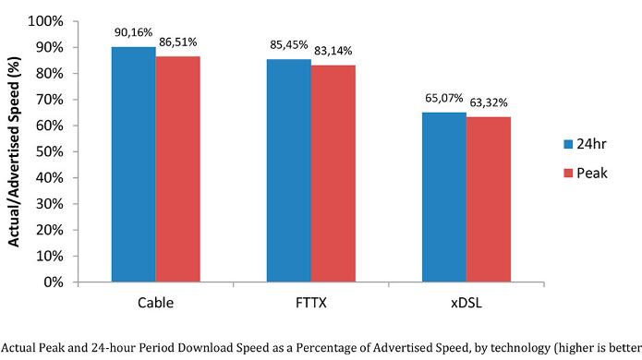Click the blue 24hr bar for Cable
click(x=133, y=164)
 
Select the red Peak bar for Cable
click(x=177, y=169)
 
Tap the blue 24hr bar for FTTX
click(x=288, y=171)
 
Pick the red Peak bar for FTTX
click(x=333, y=174)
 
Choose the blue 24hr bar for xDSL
click(x=444, y=198)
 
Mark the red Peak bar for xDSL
click(x=489, y=199)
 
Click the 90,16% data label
click(x=133, y=32)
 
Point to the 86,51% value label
click(x=177, y=42)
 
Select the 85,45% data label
click(x=288, y=45)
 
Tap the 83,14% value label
click(x=333, y=51)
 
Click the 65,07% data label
click(x=444, y=98)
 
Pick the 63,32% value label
click(x=489, y=102)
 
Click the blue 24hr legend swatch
click(x=568, y=144)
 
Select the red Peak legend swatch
click(x=568, y=173)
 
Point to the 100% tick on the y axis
click(x=45, y=21)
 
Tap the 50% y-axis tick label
click(x=50, y=151)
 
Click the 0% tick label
click(x=54, y=282)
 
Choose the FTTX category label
click(x=311, y=303)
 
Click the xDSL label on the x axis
click(x=466, y=303)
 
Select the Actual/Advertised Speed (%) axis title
click(x=14, y=151)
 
